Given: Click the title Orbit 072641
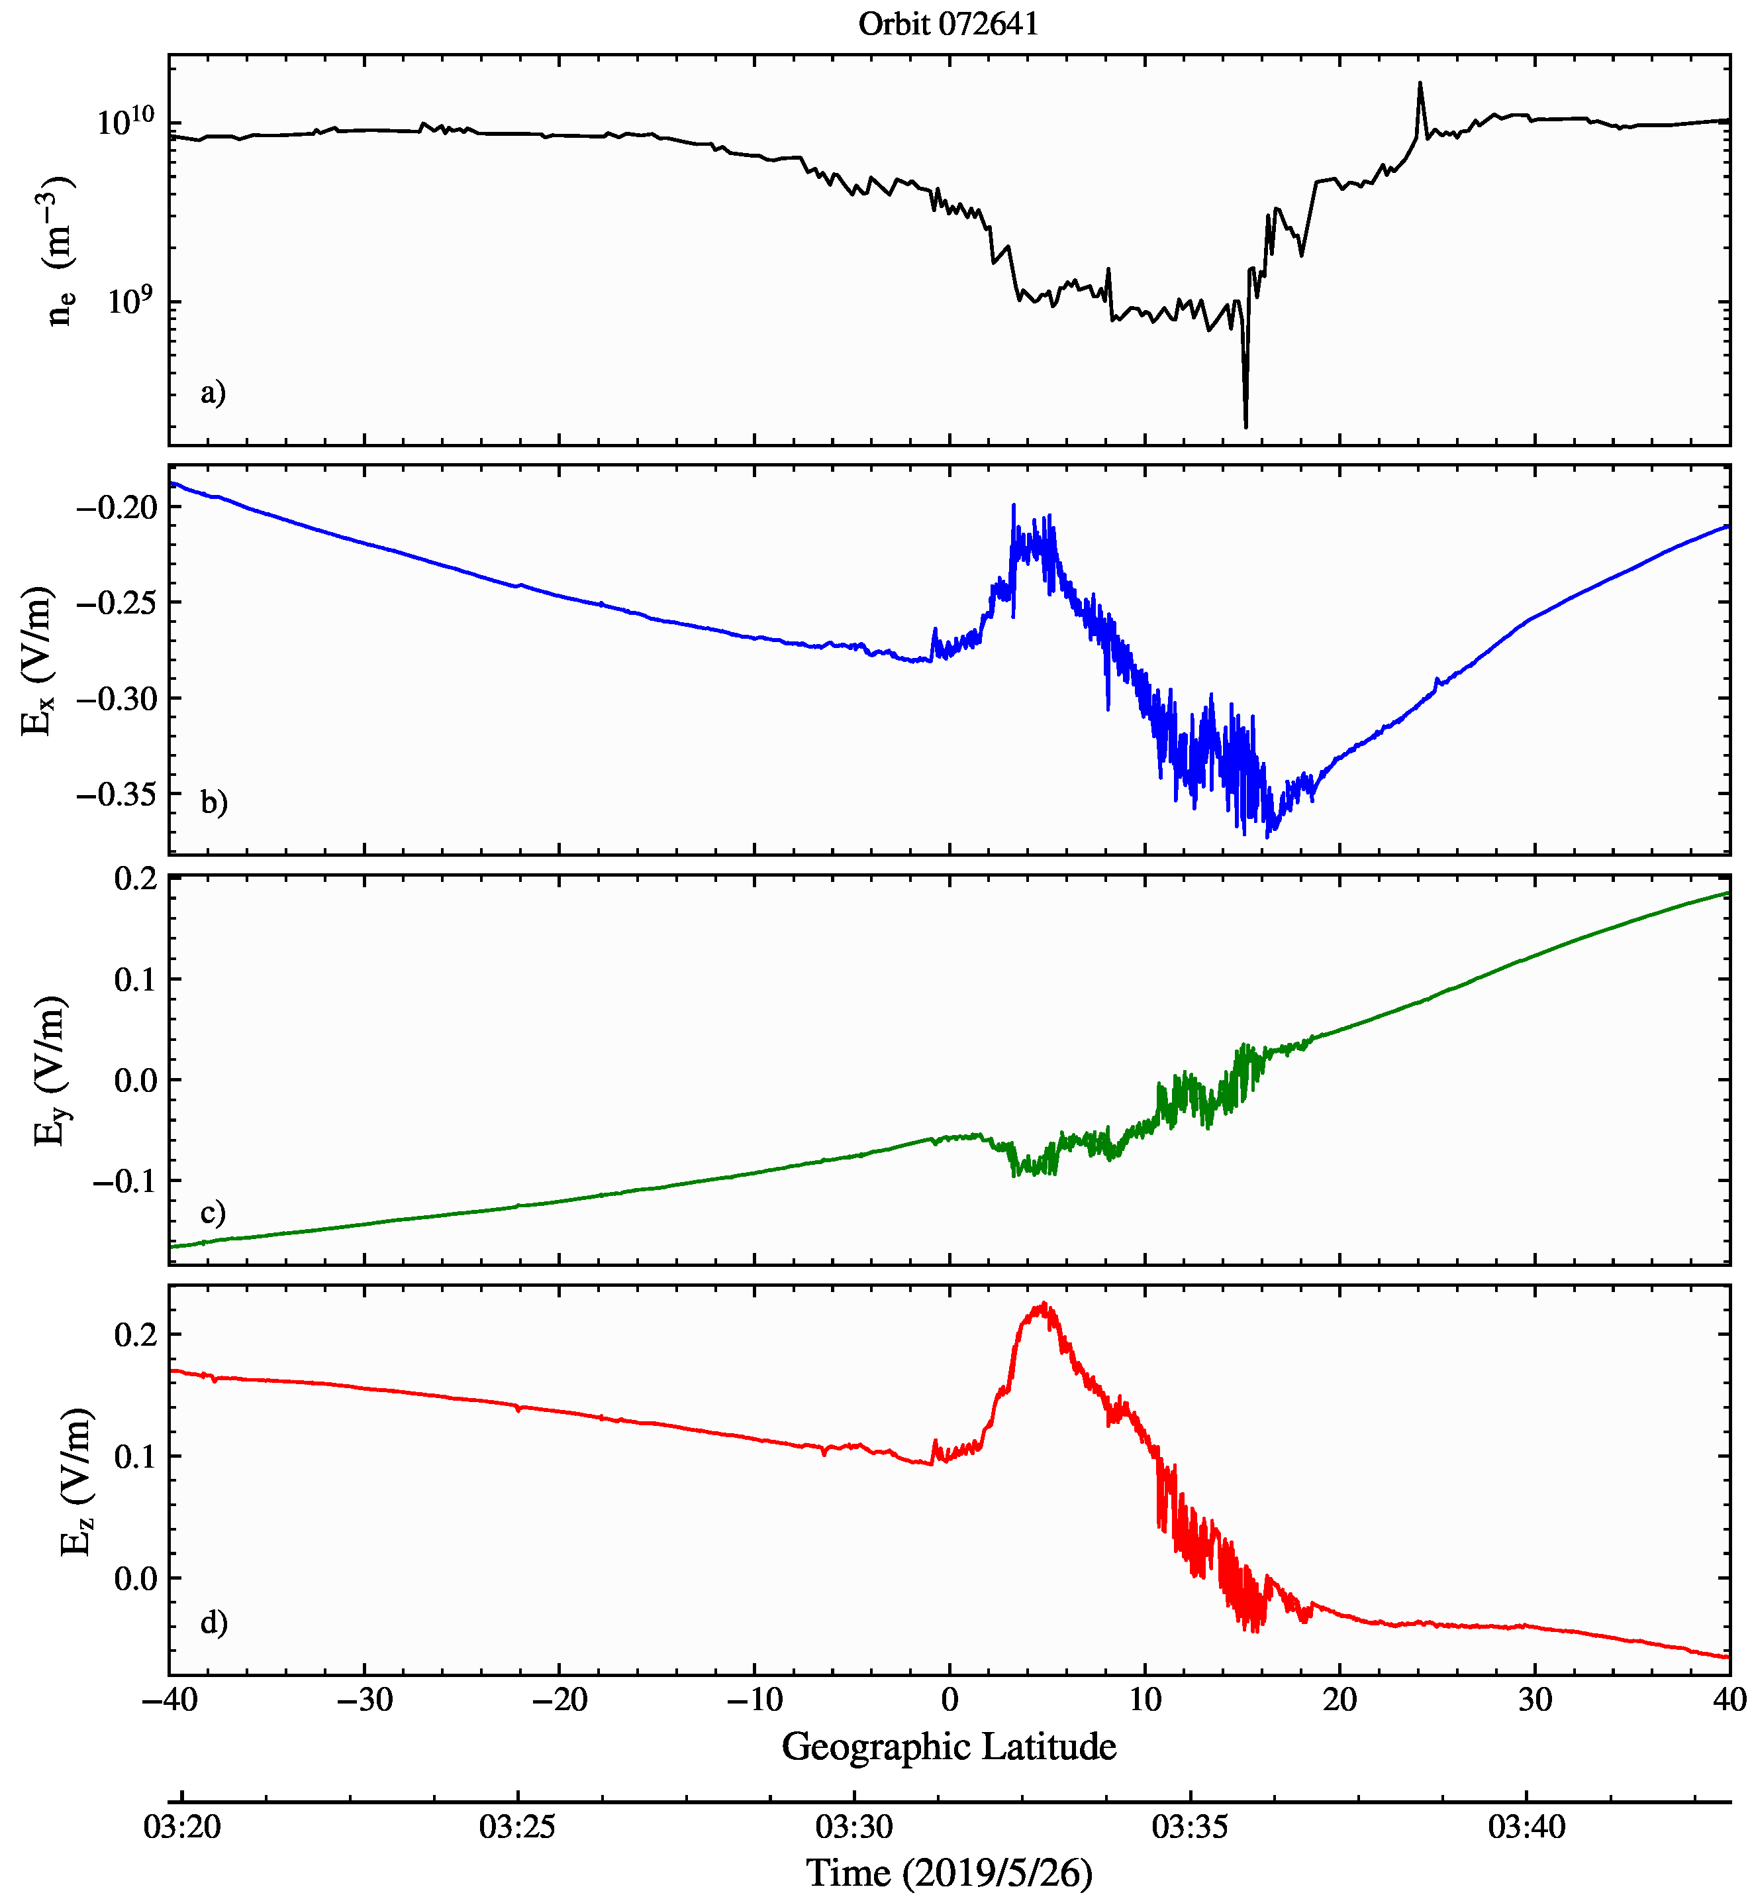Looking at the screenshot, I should pos(948,24).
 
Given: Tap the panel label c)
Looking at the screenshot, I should pos(213,1213).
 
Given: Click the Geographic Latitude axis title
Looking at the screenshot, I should pos(949,1747).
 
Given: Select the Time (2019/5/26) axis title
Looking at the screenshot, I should pos(949,1872).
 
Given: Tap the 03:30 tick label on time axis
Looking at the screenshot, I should pos(854,1826).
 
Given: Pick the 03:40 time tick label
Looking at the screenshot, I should pos(1526,1826).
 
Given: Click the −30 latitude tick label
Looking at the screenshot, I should pos(364,1699).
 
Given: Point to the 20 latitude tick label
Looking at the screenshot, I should pos(1339,1699).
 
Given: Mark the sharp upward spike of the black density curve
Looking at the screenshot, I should pos(1419,84).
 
